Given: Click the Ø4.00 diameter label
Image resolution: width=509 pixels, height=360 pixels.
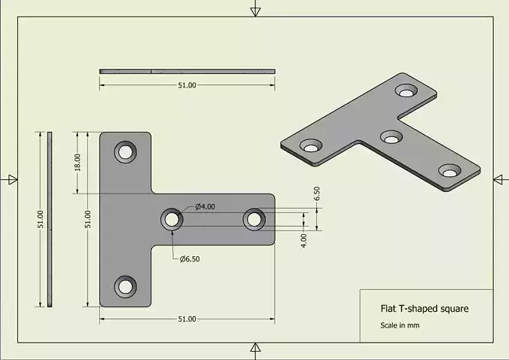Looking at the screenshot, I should pyautogui.click(x=205, y=206).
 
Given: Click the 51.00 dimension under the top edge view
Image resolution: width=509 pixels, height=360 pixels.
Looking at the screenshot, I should pyautogui.click(x=187, y=85).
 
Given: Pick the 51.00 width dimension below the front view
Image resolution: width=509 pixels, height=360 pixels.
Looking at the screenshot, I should pyautogui.click(x=187, y=319).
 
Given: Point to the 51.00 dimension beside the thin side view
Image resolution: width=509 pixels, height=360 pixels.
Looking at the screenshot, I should pyautogui.click(x=41, y=219).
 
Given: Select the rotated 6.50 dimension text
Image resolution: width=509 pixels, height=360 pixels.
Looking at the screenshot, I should pyautogui.click(x=317, y=193).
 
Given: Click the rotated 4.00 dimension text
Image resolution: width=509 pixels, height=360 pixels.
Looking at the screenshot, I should pyautogui.click(x=303, y=239).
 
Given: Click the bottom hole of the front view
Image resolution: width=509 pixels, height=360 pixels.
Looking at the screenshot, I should pyautogui.click(x=125, y=286).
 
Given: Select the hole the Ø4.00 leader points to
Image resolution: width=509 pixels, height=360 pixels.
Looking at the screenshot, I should pyautogui.click(x=172, y=219).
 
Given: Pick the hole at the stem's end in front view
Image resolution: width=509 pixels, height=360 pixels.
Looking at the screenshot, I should pyautogui.click(x=254, y=219).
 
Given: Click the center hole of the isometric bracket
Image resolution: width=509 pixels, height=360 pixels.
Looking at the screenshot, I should pyautogui.click(x=391, y=137).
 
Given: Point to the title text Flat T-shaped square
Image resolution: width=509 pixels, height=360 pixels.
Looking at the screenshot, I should pyautogui.click(x=425, y=309).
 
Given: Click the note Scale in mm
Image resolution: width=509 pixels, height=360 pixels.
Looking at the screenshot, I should pyautogui.click(x=399, y=325).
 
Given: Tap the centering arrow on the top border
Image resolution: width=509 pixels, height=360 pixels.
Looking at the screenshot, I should pyautogui.click(x=256, y=10).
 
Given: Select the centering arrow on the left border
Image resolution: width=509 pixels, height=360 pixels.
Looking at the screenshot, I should pyautogui.click(x=11, y=178).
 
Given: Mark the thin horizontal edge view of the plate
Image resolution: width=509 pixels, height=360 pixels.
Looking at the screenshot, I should pyautogui.click(x=187, y=72).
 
